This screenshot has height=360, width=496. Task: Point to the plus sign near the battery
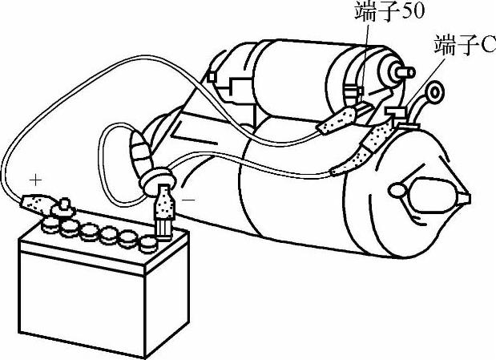click(x=34, y=177)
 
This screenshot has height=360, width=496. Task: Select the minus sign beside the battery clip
click(x=189, y=196)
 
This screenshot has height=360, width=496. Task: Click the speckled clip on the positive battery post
click(x=39, y=206)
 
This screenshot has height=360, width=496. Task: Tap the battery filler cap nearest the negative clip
click(x=147, y=241)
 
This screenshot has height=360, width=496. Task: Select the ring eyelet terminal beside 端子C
click(x=435, y=93)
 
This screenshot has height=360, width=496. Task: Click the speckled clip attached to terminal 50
click(x=337, y=123)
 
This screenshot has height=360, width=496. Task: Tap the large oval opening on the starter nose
click(x=433, y=193)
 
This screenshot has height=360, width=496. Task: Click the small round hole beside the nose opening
click(x=397, y=190)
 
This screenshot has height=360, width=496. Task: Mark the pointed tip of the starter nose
click(x=466, y=196)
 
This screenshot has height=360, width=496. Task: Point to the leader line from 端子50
click(x=363, y=52)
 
